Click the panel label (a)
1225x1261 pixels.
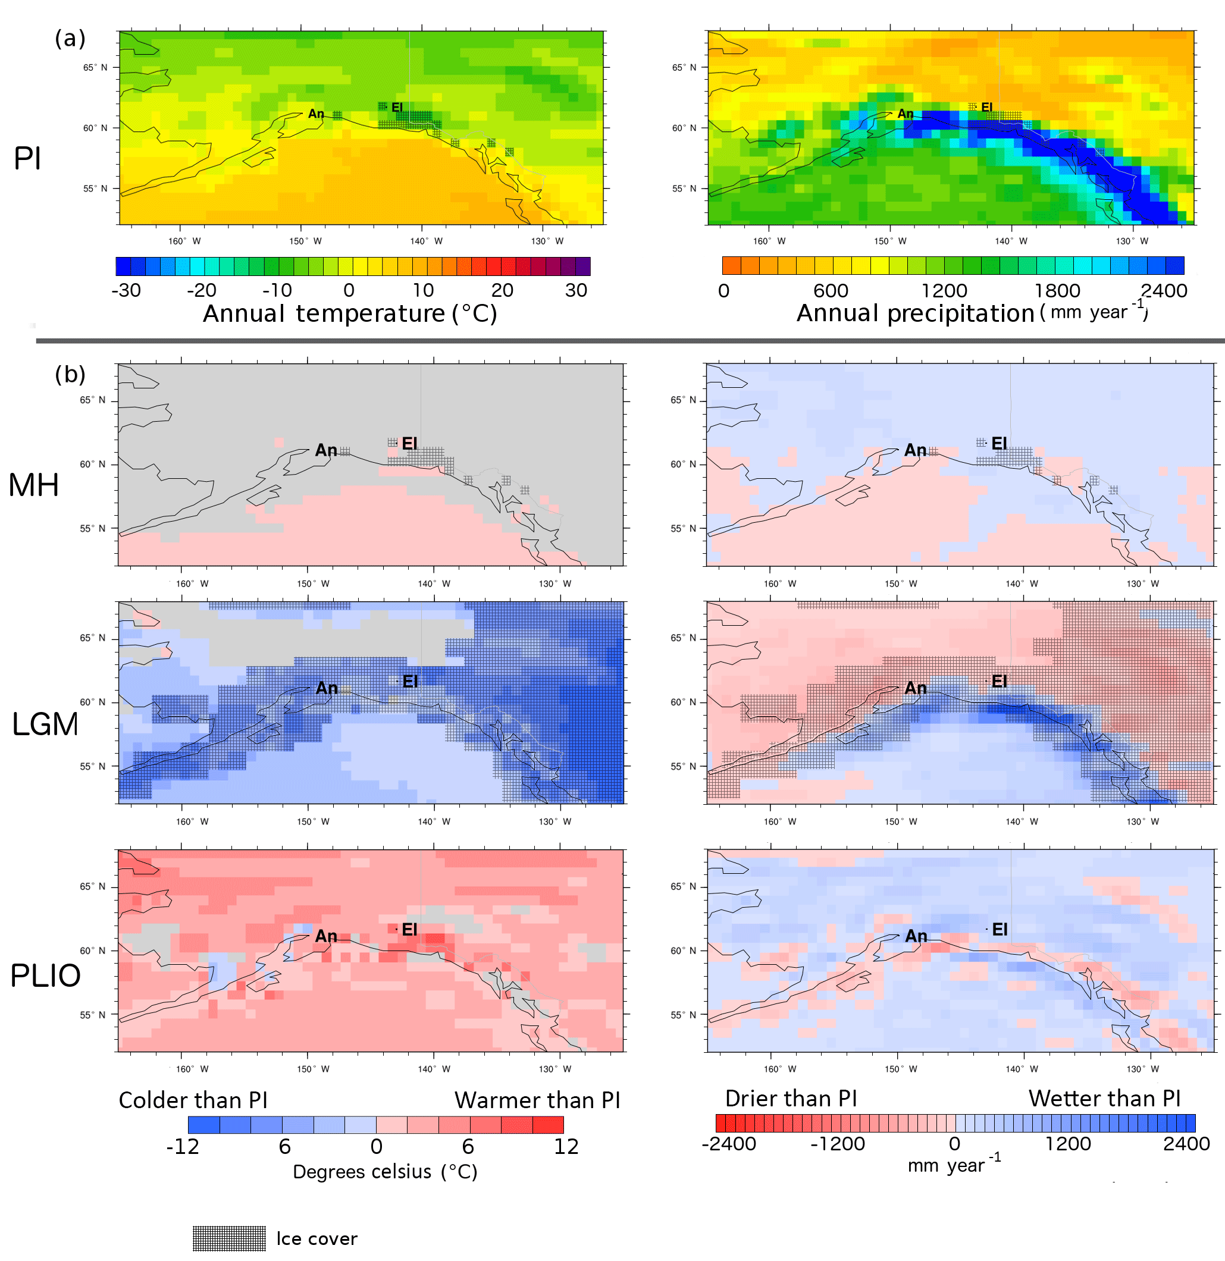[x=70, y=39]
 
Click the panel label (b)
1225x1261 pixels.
[x=70, y=374]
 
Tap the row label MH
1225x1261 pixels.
[x=33, y=485]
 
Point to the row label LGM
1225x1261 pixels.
[x=45, y=724]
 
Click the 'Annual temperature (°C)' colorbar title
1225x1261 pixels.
[x=350, y=313]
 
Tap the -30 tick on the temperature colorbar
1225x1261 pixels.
[x=126, y=290]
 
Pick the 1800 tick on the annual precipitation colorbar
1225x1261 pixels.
[x=1057, y=291]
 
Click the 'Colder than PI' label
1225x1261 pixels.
[x=193, y=1100]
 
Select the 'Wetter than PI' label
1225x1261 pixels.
[x=1104, y=1098]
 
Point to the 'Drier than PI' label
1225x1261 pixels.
[x=791, y=1098]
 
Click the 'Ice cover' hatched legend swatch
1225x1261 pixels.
[x=229, y=1238]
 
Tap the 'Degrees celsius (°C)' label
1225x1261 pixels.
[x=385, y=1172]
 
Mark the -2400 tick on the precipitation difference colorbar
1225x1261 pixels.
[x=729, y=1144]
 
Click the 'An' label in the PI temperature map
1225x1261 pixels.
[x=316, y=114]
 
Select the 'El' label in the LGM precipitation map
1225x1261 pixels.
[x=999, y=680]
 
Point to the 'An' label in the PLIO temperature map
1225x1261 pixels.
[x=326, y=936]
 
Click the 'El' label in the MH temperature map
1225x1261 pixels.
[x=409, y=443]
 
